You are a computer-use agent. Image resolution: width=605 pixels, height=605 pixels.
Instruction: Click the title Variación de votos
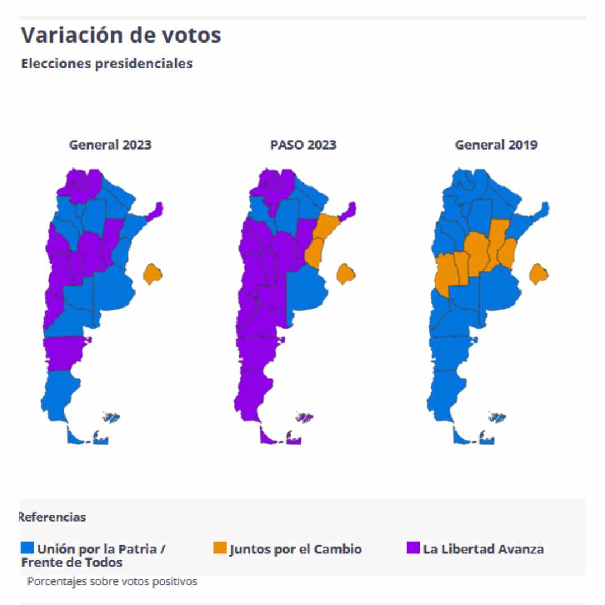121,35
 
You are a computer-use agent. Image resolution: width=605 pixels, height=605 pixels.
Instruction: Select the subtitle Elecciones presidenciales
106,64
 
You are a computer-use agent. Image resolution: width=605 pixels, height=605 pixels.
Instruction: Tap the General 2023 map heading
110,145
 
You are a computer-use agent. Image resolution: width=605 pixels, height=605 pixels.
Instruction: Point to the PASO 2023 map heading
303,145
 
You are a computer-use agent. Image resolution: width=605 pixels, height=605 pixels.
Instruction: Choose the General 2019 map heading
496,145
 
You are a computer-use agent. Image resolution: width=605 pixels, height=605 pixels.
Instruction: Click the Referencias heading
53,517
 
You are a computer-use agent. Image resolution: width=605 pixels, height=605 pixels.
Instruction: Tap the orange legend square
220,548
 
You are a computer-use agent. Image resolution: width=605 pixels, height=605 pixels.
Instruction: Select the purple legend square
413,548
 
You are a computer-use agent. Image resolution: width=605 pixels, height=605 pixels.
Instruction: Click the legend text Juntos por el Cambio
295,549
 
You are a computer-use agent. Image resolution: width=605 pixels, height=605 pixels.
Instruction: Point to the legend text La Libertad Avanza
483,549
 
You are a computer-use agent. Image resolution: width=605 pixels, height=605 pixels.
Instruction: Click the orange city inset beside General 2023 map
152,274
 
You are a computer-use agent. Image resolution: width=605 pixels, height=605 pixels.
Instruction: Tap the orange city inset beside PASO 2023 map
346,274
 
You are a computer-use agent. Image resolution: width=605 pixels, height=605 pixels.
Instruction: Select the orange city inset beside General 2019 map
539,274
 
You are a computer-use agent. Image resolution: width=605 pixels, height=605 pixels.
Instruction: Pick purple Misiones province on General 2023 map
157,210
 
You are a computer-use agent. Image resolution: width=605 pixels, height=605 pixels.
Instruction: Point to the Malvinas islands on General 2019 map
497,417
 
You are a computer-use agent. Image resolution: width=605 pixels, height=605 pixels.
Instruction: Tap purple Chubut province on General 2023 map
63,352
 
